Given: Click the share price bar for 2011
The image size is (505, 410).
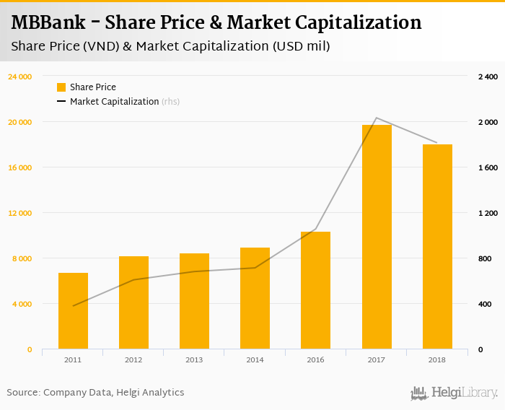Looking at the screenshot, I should (x=73, y=311).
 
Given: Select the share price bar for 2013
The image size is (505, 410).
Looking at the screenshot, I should (x=194, y=301).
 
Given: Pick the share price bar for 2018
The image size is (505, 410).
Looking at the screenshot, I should (x=437, y=247).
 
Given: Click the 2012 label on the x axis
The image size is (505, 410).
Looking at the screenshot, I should (x=133, y=359).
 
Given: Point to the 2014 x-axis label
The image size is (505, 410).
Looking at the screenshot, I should (x=255, y=359).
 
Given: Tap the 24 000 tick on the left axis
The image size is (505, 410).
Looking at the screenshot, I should (x=20, y=77).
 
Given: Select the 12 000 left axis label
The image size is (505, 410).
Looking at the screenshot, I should (x=20, y=213).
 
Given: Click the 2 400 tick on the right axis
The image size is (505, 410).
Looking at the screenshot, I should (x=488, y=77).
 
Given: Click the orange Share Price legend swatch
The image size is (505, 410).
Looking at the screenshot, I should (x=61, y=87).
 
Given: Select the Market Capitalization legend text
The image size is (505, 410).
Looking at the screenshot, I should (x=114, y=102).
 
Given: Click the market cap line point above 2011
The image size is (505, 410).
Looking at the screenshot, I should (x=73, y=306).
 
